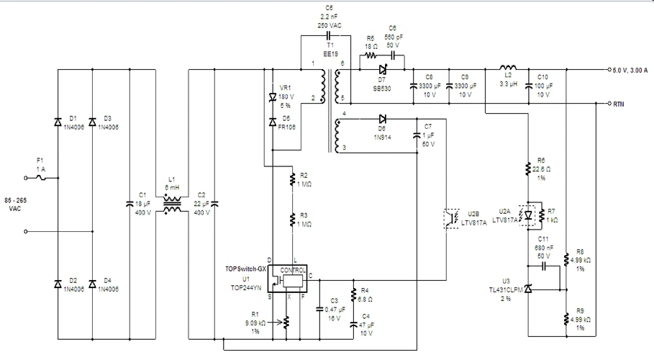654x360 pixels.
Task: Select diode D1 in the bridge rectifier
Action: (x=58, y=122)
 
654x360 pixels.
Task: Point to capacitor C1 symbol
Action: (x=129, y=203)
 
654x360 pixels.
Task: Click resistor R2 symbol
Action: (x=293, y=177)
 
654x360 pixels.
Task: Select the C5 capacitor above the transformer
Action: (x=328, y=34)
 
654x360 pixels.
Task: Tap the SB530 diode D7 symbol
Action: (x=383, y=70)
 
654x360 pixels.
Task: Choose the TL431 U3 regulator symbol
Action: (x=529, y=289)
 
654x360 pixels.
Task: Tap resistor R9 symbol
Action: (x=567, y=318)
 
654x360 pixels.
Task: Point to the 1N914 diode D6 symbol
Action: (x=382, y=118)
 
